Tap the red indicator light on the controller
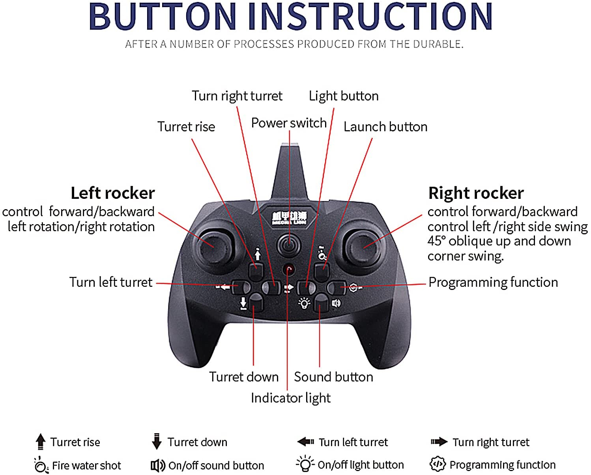289,270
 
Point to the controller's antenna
290,174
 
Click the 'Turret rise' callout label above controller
186,127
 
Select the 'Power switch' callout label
289,123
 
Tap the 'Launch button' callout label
385,127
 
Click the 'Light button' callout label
344,96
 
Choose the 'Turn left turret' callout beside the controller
111,282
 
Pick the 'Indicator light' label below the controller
291,398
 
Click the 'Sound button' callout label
333,377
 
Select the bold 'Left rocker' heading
113,193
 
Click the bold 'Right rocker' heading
476,193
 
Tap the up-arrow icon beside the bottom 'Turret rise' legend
40,441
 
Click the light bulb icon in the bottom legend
305,464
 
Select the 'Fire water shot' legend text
86,466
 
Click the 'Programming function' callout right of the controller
493,282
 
